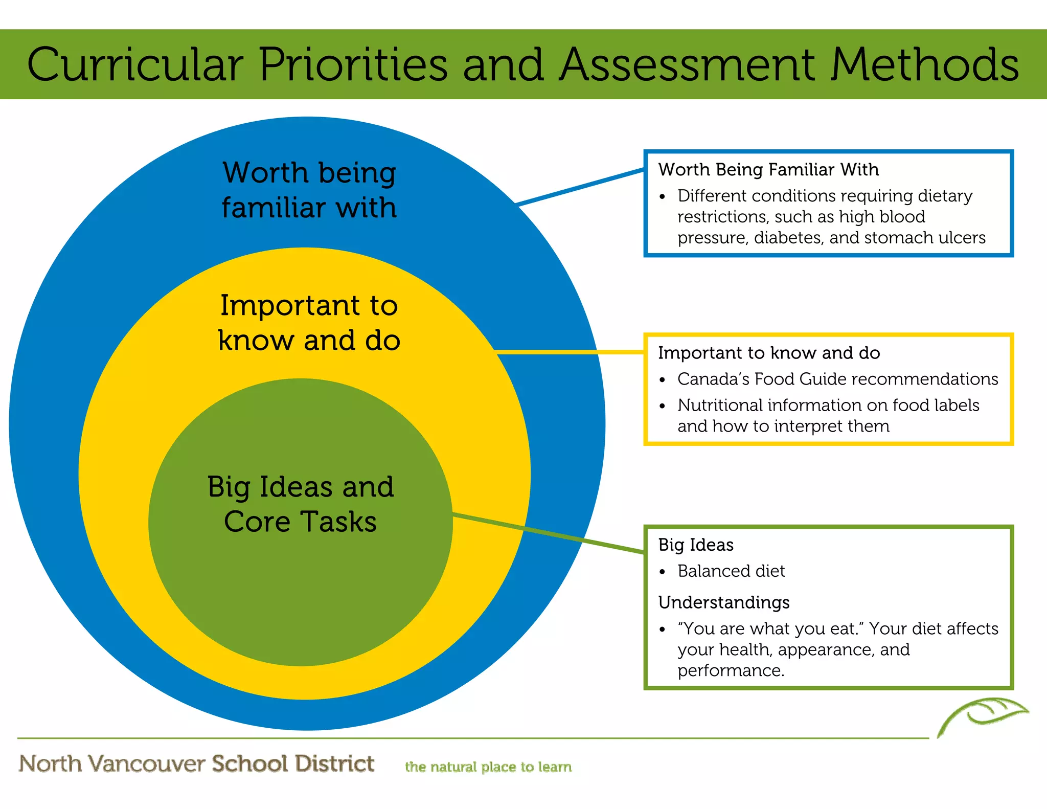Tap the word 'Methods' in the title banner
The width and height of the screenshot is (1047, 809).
[924, 64]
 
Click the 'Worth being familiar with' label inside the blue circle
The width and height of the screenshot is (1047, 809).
[309, 190]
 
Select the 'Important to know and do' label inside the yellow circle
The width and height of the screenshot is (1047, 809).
[309, 323]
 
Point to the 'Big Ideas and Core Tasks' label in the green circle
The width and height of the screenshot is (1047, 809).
[301, 504]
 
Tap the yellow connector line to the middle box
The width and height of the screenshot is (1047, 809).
[570, 352]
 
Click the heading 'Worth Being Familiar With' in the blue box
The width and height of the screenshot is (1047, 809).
[768, 169]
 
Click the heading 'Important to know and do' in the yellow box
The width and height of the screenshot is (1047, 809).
[768, 353]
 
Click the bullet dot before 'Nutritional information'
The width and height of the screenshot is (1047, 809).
[663, 407]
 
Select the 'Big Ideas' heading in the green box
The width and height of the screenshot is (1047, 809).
[695, 545]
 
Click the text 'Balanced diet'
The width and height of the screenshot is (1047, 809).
[731, 571]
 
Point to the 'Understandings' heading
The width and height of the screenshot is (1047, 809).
[723, 602]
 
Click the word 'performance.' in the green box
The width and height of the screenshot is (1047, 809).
[731, 670]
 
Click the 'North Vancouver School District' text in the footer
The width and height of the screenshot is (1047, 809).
[196, 763]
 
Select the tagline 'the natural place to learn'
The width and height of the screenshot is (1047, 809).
[488, 767]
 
